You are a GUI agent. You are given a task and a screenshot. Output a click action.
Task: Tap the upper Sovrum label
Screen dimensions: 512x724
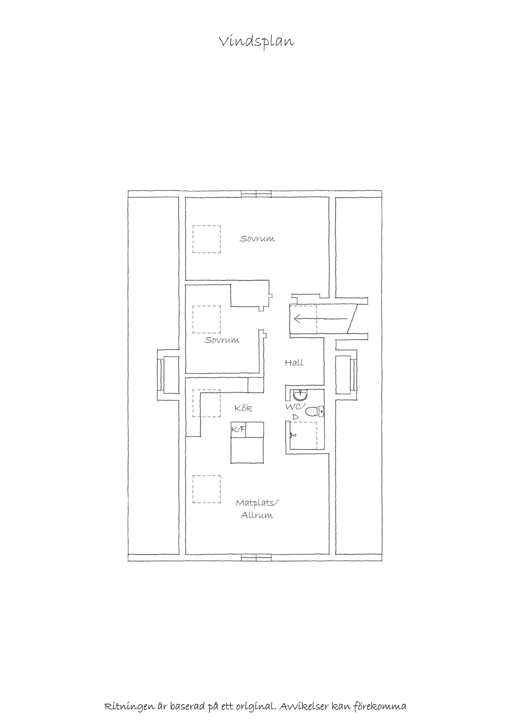coord(257,239)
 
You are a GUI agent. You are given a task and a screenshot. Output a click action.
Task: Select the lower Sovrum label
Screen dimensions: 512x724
coord(222,340)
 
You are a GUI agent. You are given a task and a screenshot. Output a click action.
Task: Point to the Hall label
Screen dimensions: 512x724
coord(294,363)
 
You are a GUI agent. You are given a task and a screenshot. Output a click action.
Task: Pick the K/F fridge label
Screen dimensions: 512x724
coord(238,429)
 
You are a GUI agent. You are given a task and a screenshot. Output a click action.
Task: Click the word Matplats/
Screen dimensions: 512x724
coord(257,503)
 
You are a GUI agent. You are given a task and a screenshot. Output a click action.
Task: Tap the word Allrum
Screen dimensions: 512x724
coord(257,515)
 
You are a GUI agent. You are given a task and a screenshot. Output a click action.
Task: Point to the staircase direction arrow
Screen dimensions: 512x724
coord(321,319)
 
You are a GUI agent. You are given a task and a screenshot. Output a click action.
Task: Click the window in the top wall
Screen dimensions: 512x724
coord(256,194)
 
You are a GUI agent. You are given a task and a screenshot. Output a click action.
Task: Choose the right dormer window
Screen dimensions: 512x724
coord(354,375)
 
